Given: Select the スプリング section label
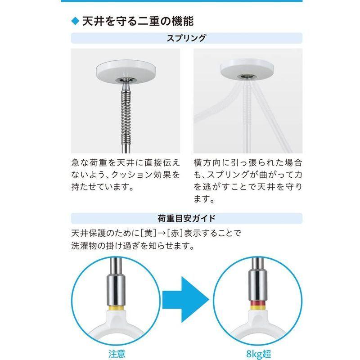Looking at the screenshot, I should (x=180, y=38).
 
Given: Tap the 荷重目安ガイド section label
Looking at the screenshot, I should (x=180, y=219).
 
